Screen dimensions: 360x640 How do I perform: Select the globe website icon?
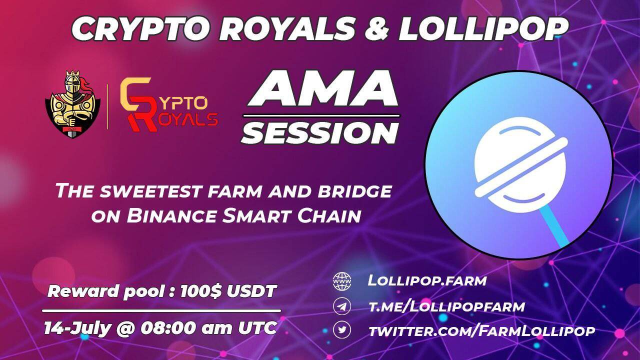pyautogui.click(x=342, y=281)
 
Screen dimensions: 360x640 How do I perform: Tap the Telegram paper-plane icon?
pyautogui.click(x=342, y=306)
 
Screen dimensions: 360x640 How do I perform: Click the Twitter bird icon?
pyautogui.click(x=342, y=330)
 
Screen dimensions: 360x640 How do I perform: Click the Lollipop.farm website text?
pyautogui.click(x=427, y=280)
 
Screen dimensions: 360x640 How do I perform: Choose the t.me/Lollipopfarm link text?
pyautogui.click(x=446, y=306)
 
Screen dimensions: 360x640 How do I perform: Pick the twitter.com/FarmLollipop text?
pyautogui.click(x=481, y=330)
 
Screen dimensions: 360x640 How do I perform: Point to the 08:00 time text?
pyautogui.click(x=168, y=328)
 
